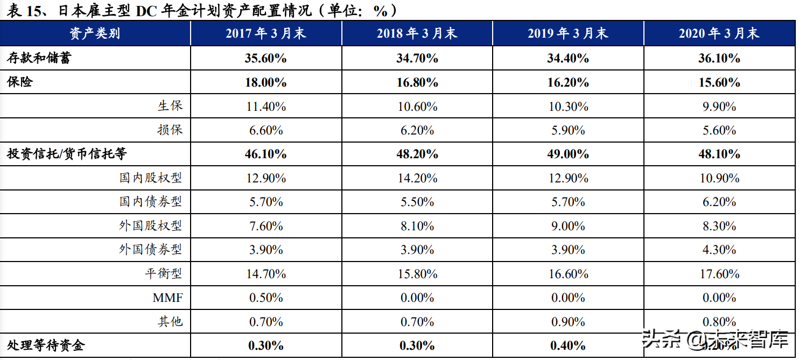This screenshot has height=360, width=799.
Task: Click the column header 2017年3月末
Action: tap(265, 34)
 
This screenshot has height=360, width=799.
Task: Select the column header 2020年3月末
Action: tap(719, 34)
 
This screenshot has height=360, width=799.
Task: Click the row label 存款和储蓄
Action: tap(39, 58)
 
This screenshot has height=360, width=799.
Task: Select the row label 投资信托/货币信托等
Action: tap(67, 154)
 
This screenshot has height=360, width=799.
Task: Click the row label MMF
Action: tap(168, 298)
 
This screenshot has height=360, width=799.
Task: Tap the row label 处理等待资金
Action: tap(46, 345)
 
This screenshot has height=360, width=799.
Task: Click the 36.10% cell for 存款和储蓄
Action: tap(719, 58)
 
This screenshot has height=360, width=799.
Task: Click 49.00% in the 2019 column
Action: tap(568, 154)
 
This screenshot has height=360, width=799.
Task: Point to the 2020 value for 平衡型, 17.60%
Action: tap(719, 274)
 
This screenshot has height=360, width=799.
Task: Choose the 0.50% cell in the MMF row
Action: tap(265, 298)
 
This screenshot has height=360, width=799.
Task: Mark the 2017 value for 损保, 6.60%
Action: tap(265, 130)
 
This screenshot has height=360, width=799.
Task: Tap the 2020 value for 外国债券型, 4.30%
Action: tap(719, 250)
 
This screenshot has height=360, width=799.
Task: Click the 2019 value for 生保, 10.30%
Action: tap(568, 107)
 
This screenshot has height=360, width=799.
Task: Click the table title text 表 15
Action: tap(25, 11)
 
